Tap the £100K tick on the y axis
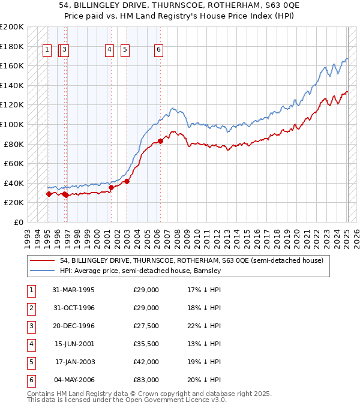[12, 124]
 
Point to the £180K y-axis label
[12, 46]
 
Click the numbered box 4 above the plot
[109, 51]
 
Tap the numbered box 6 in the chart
[158, 51]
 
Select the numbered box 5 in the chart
[125, 51]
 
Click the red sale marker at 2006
[161, 142]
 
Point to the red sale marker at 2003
[127, 181]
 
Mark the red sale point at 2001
[112, 187]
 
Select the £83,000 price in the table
[146, 380]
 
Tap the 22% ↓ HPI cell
[204, 326]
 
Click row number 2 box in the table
[31, 308]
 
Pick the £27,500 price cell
[146, 326]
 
